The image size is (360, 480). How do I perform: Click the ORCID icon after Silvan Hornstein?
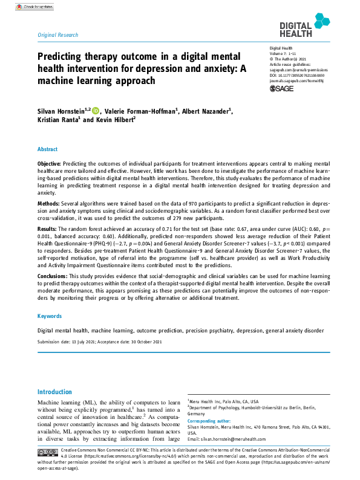click(95, 111)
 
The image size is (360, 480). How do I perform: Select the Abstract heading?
click(48, 149)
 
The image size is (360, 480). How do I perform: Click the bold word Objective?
click(49, 163)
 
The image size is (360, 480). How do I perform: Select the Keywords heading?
click(50, 316)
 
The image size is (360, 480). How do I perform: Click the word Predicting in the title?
click(59, 56)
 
